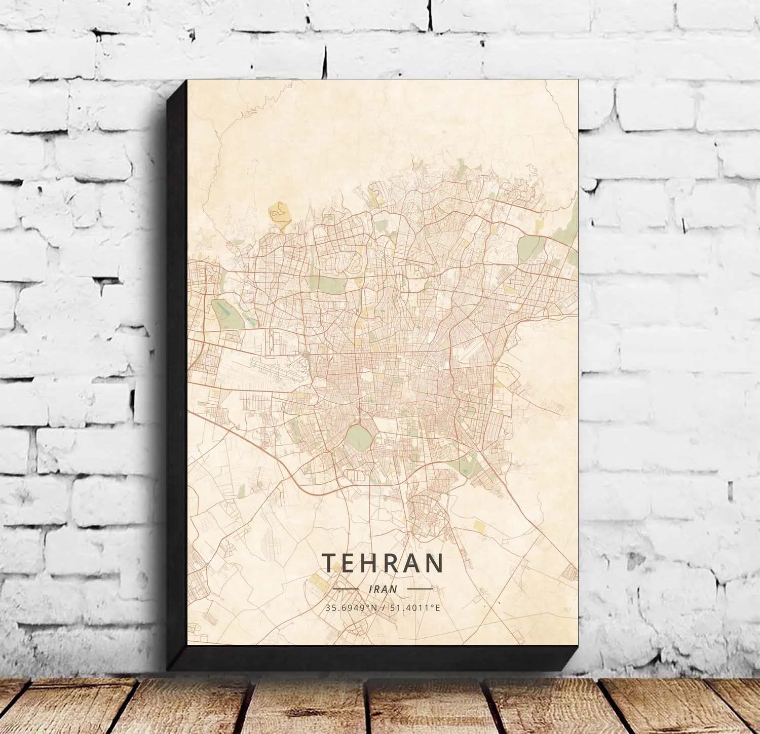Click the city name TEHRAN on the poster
click(x=383, y=563)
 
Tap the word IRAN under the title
click(x=384, y=589)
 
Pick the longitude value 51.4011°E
click(x=414, y=607)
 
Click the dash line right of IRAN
click(x=420, y=589)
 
